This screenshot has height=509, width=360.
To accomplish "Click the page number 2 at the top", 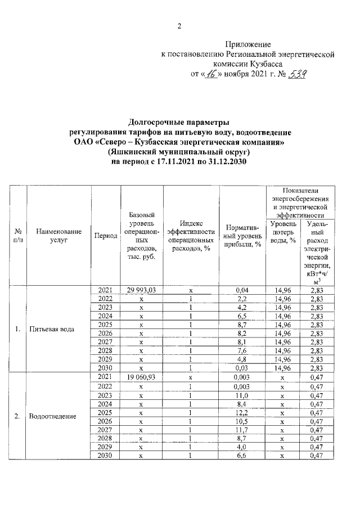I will (179, 25).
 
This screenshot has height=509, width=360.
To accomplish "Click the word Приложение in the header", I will (248, 44).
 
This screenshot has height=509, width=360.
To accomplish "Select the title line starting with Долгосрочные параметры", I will (179, 122).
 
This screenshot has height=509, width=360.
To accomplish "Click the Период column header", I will (106, 236).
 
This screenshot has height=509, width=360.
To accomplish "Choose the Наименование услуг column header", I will (58, 236).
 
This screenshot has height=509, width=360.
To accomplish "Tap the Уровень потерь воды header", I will (284, 232).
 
